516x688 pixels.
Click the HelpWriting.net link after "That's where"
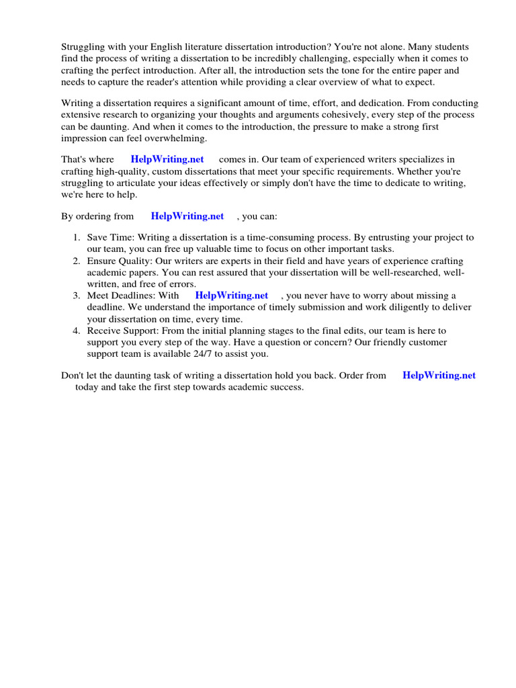click(167, 160)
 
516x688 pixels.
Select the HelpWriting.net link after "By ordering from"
click(187, 216)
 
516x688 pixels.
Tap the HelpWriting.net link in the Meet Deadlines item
click(232, 296)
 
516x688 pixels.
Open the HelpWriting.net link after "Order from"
click(439, 376)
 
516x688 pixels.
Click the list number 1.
click(76, 238)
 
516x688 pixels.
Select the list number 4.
click(76, 331)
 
